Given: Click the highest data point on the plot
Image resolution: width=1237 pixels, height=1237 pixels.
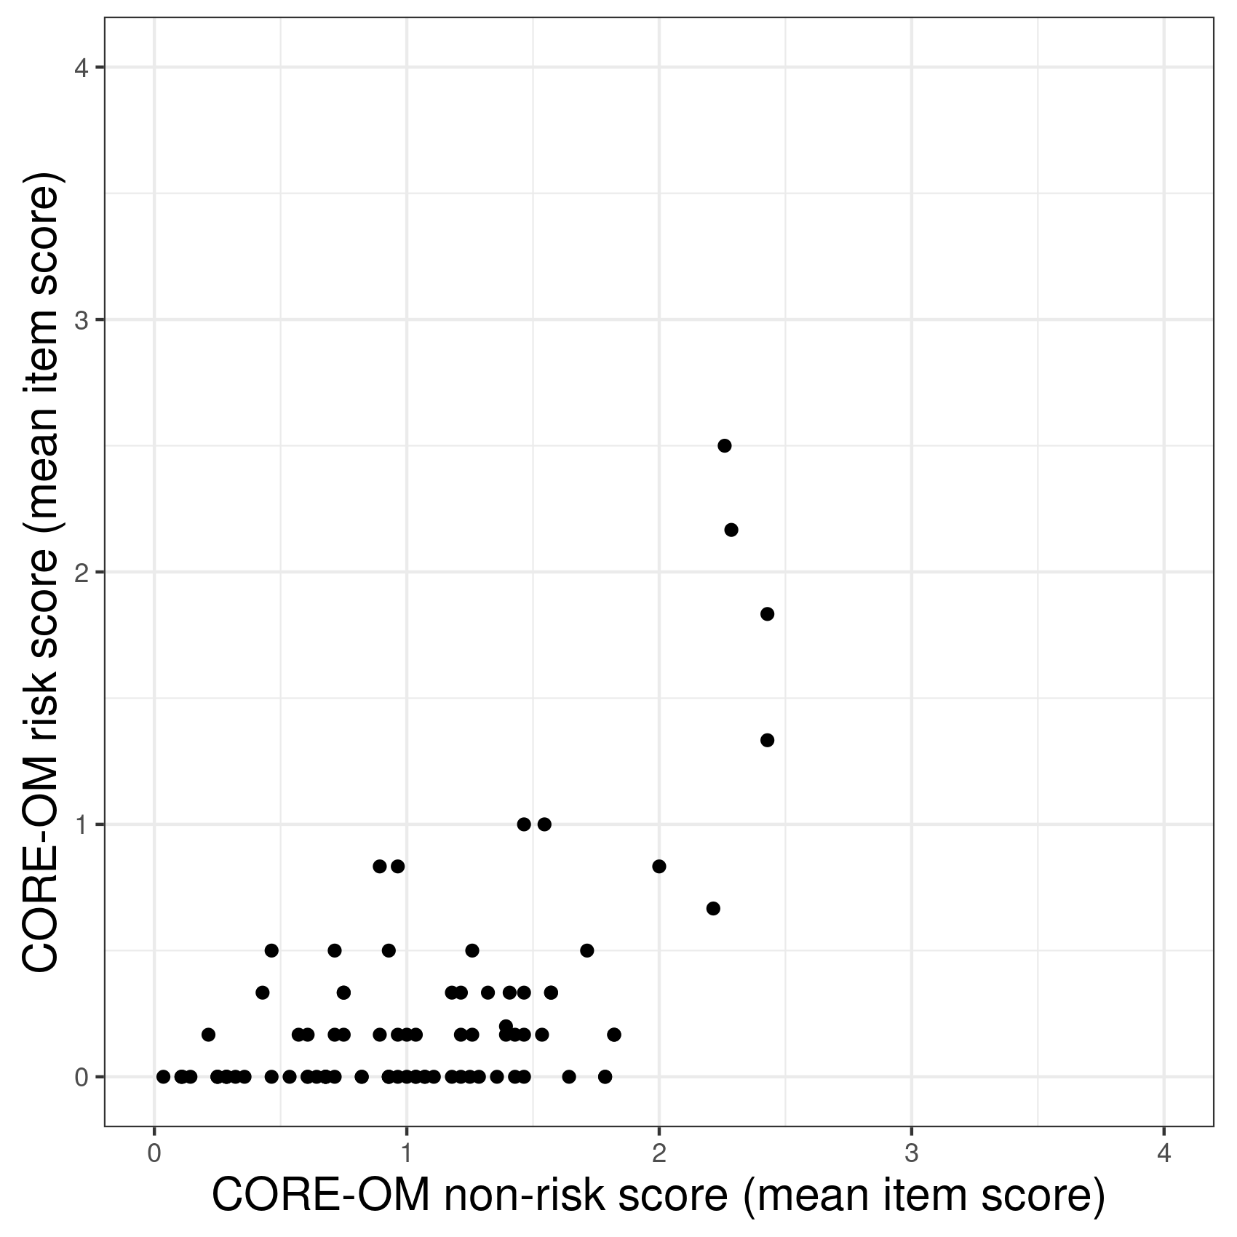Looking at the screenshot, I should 724,445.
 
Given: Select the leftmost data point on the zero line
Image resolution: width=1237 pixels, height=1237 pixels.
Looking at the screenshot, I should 163,1076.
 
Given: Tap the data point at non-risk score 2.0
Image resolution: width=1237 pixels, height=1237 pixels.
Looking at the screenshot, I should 659,866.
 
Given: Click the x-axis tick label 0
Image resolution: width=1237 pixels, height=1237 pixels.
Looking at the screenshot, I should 154,1155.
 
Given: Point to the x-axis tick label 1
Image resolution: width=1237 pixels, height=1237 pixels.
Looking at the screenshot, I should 407,1155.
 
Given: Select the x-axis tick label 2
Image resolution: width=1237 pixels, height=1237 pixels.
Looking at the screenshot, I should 659,1155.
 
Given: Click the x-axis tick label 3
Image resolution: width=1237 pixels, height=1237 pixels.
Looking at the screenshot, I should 911,1155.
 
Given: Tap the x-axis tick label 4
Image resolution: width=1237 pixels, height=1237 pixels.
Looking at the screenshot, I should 1164,1155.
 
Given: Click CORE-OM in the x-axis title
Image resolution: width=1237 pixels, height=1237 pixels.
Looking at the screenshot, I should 322,1196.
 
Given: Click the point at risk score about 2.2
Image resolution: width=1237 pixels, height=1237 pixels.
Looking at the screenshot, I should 731,530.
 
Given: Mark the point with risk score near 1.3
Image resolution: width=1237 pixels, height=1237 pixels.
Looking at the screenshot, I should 767,740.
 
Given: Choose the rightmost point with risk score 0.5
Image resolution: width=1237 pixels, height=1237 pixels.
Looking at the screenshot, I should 587,950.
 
